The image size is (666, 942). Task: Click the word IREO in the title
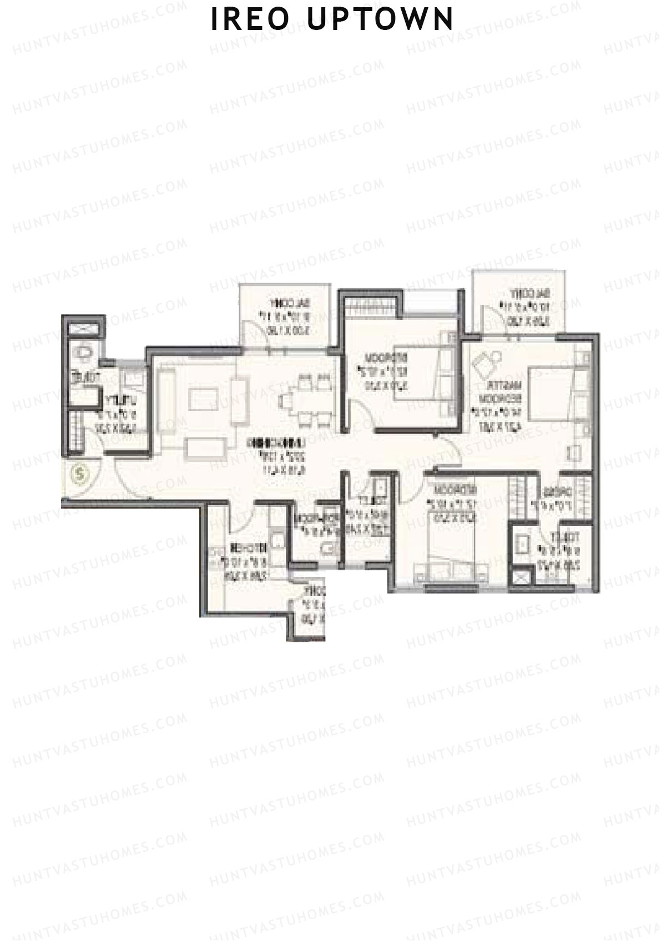pos(250,20)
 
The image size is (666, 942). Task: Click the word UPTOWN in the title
pos(380,20)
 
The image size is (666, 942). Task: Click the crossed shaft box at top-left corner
pos(84,327)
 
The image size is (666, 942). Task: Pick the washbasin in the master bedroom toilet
pos(522,545)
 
